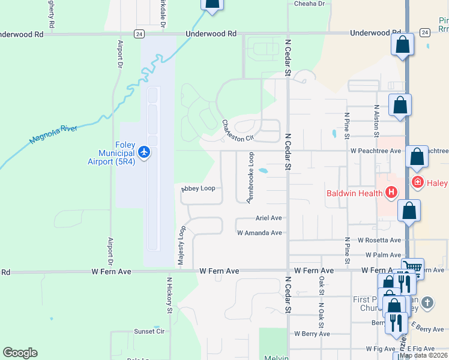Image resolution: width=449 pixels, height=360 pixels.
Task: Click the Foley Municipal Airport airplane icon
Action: tap(143, 152)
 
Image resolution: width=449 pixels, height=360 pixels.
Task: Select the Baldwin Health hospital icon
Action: tap(391, 193)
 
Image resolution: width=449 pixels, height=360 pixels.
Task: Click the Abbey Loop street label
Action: tap(198, 188)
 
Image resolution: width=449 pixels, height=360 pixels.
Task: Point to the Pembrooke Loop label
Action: tap(251, 177)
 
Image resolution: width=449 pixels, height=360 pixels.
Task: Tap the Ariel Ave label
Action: tap(268, 218)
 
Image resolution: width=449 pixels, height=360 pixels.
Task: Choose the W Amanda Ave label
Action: tap(259, 233)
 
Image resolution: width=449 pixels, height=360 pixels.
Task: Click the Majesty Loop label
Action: tap(181, 247)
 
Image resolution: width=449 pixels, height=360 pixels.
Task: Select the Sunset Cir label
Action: tap(149, 331)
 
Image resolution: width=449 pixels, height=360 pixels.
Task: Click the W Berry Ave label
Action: tap(312, 334)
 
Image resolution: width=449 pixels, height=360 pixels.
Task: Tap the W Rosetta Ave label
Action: tap(379, 240)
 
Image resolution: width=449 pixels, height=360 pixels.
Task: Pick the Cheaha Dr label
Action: tap(309, 4)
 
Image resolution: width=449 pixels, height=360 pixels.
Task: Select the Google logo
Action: tap(20, 353)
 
